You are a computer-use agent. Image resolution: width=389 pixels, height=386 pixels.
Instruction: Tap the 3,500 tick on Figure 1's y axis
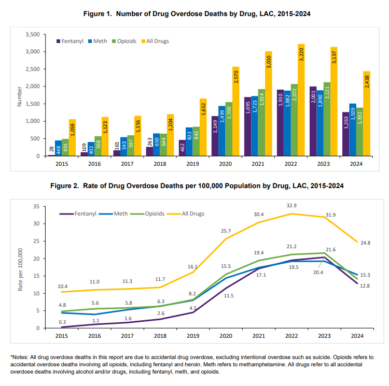pos(32,34)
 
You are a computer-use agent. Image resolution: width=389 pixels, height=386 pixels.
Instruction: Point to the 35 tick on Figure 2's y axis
pos(36,206)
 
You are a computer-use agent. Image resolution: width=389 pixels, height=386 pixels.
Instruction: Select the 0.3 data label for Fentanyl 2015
pos(62,322)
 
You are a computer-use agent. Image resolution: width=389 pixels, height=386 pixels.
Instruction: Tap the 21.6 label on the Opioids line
pos(331,250)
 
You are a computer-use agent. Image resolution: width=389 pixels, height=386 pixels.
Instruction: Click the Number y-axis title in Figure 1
pos(20,95)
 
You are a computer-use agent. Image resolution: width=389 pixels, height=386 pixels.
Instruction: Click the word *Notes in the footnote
pos(19,358)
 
